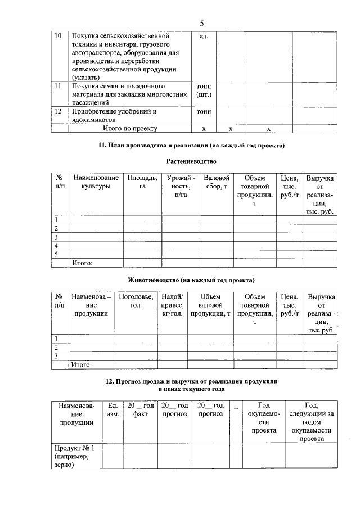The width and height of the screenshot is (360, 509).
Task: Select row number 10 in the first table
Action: (57, 36)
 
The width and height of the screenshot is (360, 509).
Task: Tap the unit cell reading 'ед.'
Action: (204, 36)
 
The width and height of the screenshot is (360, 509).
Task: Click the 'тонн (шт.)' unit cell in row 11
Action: (204, 91)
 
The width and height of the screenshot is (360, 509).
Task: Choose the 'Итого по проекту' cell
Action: (129, 128)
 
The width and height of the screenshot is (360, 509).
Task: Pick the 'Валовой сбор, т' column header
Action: (217, 182)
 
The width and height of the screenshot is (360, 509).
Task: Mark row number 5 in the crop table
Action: (56, 254)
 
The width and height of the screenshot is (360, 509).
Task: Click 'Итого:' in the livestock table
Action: (82, 365)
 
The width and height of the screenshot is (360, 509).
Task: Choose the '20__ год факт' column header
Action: (140, 409)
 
